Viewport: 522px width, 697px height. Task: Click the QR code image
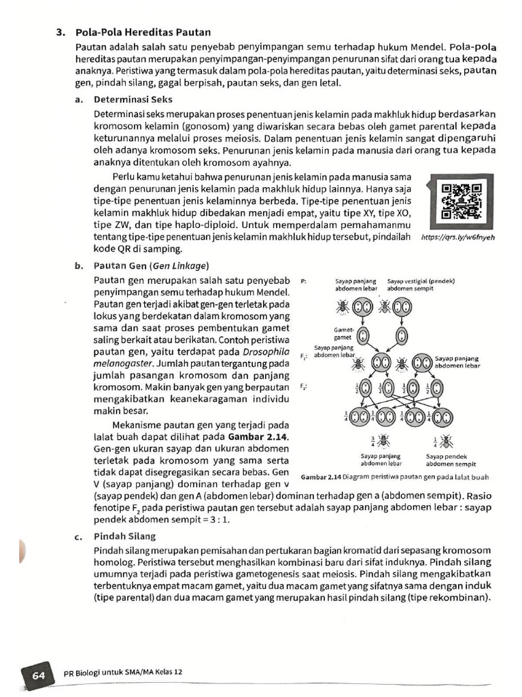[x=461, y=202]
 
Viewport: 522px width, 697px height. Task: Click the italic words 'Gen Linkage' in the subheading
[x=182, y=265]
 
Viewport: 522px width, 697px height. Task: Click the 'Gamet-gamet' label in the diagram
[x=343, y=333]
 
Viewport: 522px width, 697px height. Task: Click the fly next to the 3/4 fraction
[x=384, y=440]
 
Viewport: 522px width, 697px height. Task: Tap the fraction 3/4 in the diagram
[x=373, y=440]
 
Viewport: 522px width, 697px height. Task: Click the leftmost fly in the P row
[x=341, y=307]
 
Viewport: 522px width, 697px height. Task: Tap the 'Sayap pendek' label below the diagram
[x=446, y=457]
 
